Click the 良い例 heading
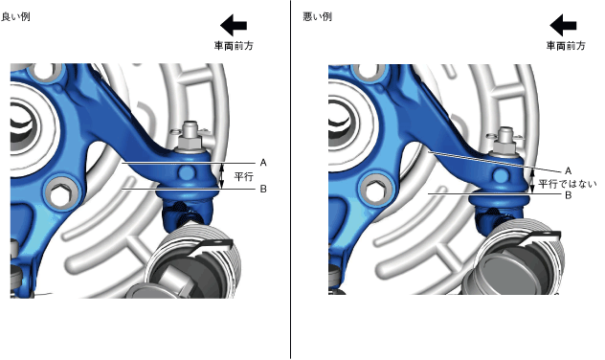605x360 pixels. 15,17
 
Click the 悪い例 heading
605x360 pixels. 317,17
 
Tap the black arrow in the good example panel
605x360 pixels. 234,26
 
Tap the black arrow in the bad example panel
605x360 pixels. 563,26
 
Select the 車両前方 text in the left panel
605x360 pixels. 234,46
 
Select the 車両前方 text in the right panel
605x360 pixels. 566,46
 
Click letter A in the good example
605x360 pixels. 263,163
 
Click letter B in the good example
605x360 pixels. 263,189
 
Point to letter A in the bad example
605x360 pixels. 568,171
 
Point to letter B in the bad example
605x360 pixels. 568,195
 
